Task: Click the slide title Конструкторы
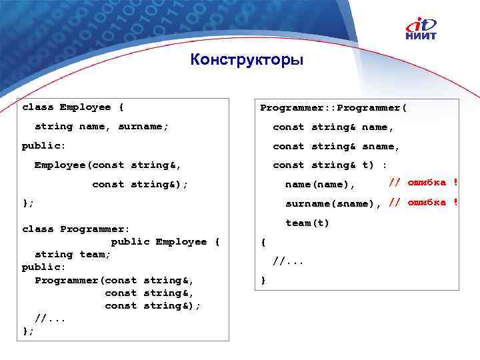pos(246,61)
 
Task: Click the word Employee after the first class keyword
pos(85,107)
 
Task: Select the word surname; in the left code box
pos(143,126)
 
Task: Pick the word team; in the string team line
pos(95,254)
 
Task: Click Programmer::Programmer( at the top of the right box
pos(333,107)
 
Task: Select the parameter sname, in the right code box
pos(381,146)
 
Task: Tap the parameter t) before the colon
pos(368,165)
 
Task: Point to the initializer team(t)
pos(307,223)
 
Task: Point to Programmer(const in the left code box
pos(85,280)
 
